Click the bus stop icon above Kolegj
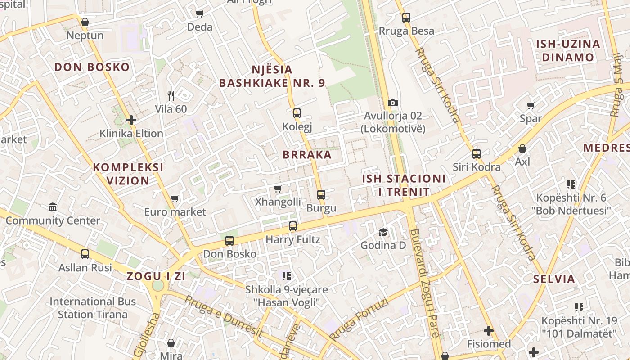point(297,113)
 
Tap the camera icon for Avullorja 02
point(392,103)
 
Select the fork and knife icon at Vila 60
point(171,95)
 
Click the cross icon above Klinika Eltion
point(131,120)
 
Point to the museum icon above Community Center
point(53,207)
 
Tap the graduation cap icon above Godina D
point(383,232)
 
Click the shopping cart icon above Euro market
point(175,198)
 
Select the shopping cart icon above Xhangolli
point(278,189)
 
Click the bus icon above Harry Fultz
point(293,226)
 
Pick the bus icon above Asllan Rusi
point(85,254)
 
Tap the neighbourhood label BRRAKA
point(307,155)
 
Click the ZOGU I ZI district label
point(156,276)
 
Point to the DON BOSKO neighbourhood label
point(92,67)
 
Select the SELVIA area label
point(554,279)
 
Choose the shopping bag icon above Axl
point(522,148)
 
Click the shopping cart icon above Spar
point(531,106)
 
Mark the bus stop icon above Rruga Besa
point(406,18)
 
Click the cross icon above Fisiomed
point(488,331)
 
